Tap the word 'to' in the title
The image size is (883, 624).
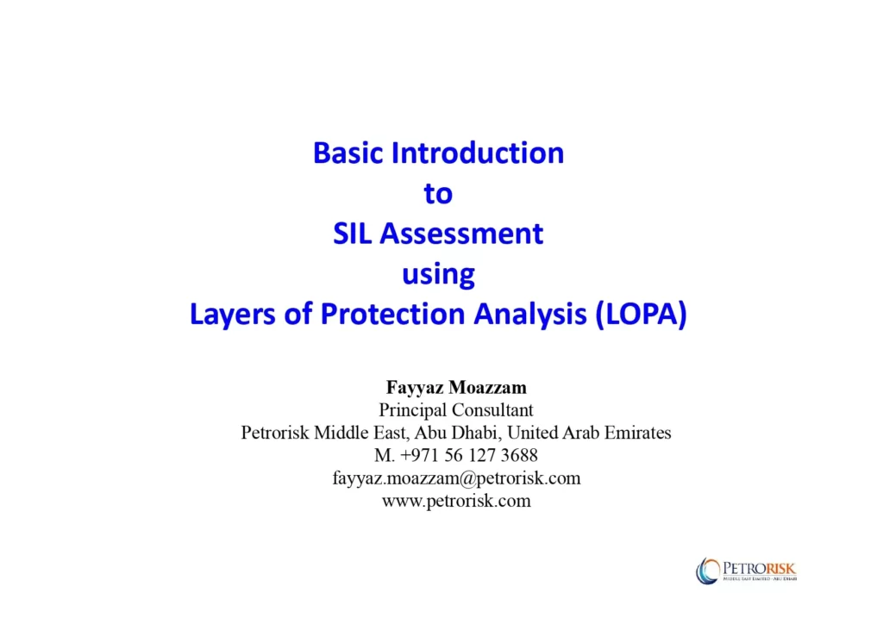438,194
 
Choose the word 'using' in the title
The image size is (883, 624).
438,275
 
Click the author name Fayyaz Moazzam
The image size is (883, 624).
456,388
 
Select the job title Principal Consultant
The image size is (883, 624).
456,410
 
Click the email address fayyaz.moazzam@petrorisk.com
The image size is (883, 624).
456,477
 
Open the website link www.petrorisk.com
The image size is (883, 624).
456,500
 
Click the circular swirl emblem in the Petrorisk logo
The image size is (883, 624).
708,571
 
